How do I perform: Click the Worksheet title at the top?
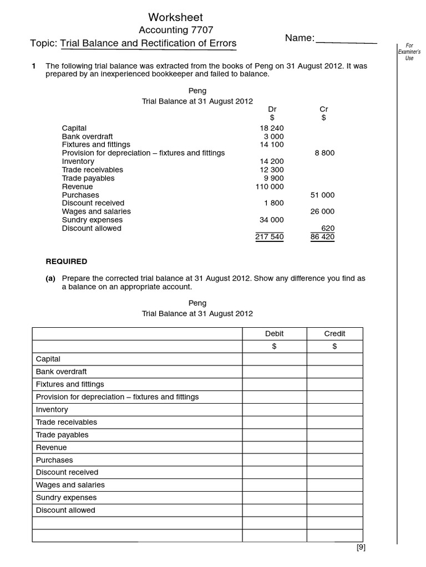click(176, 17)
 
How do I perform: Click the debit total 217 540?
click(269, 237)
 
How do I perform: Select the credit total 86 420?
click(322, 237)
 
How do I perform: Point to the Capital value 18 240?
click(272, 128)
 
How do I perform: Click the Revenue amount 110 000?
click(269, 187)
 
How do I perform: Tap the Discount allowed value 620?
click(328, 228)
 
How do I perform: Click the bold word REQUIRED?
click(66, 261)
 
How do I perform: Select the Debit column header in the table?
click(274, 333)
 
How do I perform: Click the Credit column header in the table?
click(334, 333)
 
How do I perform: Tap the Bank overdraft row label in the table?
click(61, 372)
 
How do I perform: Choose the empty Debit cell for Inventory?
click(274, 410)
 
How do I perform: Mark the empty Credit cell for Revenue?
click(334, 447)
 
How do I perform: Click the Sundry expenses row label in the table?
click(66, 497)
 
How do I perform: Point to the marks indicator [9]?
click(361, 548)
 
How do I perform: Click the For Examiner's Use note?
click(409, 51)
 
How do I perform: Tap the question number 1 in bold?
click(34, 66)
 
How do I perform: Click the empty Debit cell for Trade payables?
click(274, 435)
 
